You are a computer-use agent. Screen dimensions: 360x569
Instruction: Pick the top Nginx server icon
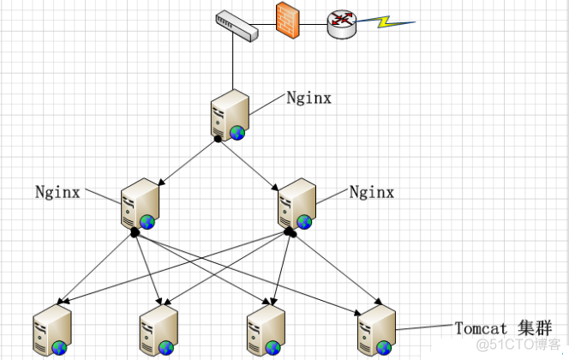pos(229,116)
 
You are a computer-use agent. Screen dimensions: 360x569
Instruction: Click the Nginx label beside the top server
pos(308,98)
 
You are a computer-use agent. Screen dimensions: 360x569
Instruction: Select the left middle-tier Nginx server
pos(138,204)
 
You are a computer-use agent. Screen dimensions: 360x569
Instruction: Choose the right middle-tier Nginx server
pos(296,204)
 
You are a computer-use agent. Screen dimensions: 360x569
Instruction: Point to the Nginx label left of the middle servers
pos(57,191)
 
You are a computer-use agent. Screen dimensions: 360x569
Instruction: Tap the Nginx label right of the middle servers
pos(372,192)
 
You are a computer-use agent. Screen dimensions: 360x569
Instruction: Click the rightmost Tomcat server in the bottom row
pos(375,330)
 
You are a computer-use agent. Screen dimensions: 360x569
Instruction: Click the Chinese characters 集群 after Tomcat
pos(532,328)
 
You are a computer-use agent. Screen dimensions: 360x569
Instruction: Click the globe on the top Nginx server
pos(237,133)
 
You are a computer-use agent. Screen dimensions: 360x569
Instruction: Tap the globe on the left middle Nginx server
pos(147,222)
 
